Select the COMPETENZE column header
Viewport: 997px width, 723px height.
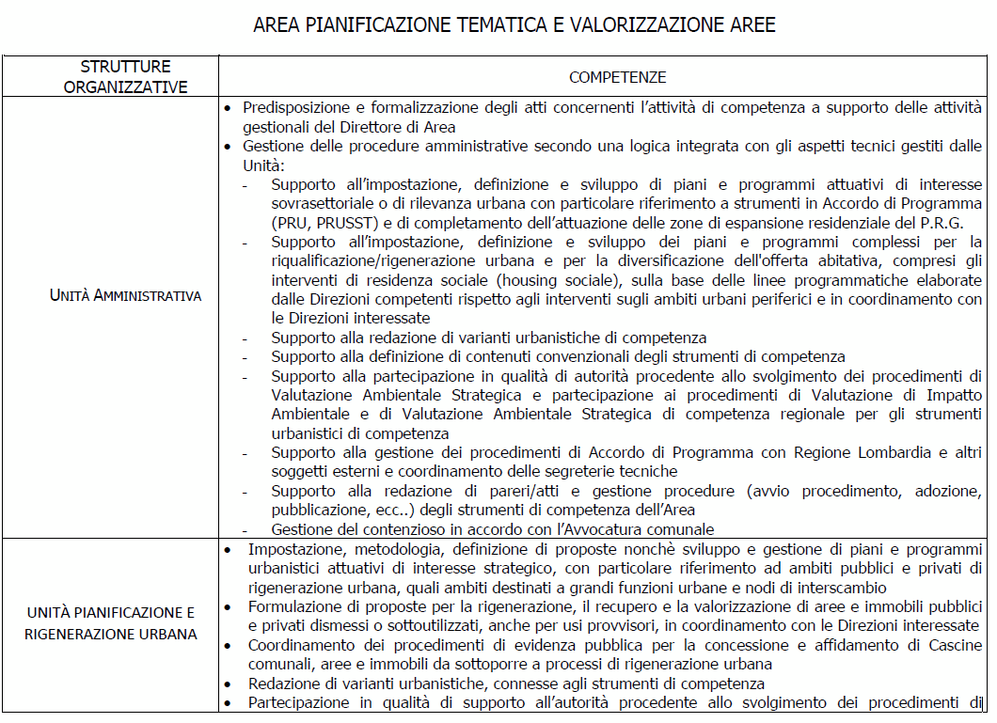[x=617, y=77]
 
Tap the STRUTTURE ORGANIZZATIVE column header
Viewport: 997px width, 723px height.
[x=126, y=77]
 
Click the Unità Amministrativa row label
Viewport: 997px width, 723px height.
[x=126, y=295]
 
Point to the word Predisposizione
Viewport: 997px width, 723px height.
[x=294, y=109]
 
